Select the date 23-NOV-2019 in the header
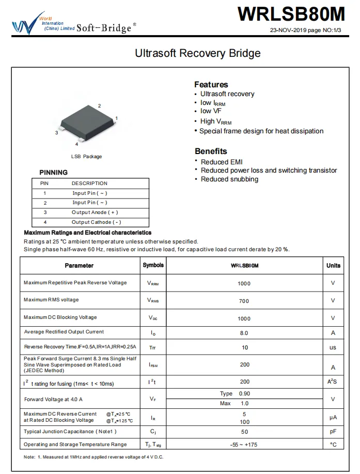coord(290,30)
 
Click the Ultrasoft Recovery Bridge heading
coord(198,53)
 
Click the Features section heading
coord(211,84)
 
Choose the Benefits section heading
coord(211,151)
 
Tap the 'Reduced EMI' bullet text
coord(222,162)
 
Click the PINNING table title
coord(54,172)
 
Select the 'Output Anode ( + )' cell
coord(95,212)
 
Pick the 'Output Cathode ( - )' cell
coord(96,222)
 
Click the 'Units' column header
coord(333,265)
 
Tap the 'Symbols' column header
coord(153,265)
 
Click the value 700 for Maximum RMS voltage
coord(244,301)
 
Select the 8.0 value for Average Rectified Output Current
coord(244,333)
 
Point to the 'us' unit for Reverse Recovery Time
coord(333,347)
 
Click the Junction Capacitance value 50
coord(244,432)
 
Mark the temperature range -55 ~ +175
coord(244,445)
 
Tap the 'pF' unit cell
coord(333,432)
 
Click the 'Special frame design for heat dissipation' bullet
coord(261,131)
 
